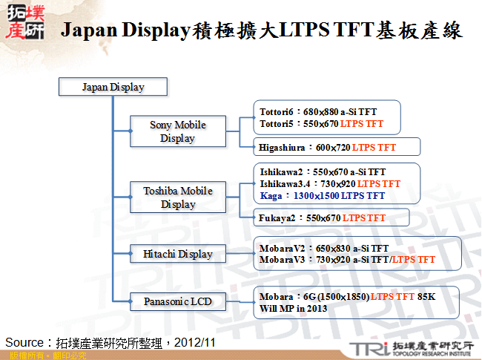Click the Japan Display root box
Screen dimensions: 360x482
pyautogui.click(x=113, y=87)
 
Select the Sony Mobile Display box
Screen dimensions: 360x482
pyautogui.click(x=177, y=131)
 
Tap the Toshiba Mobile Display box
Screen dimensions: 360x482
pyautogui.click(x=177, y=197)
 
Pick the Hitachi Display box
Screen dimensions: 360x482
pyautogui.click(x=177, y=254)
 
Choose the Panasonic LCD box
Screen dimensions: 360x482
pyautogui.click(x=177, y=301)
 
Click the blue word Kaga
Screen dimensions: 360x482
pyautogui.click(x=271, y=196)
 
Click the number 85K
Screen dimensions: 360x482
pyautogui.click(x=428, y=297)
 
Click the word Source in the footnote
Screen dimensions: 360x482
pyautogui.click(x=26, y=342)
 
